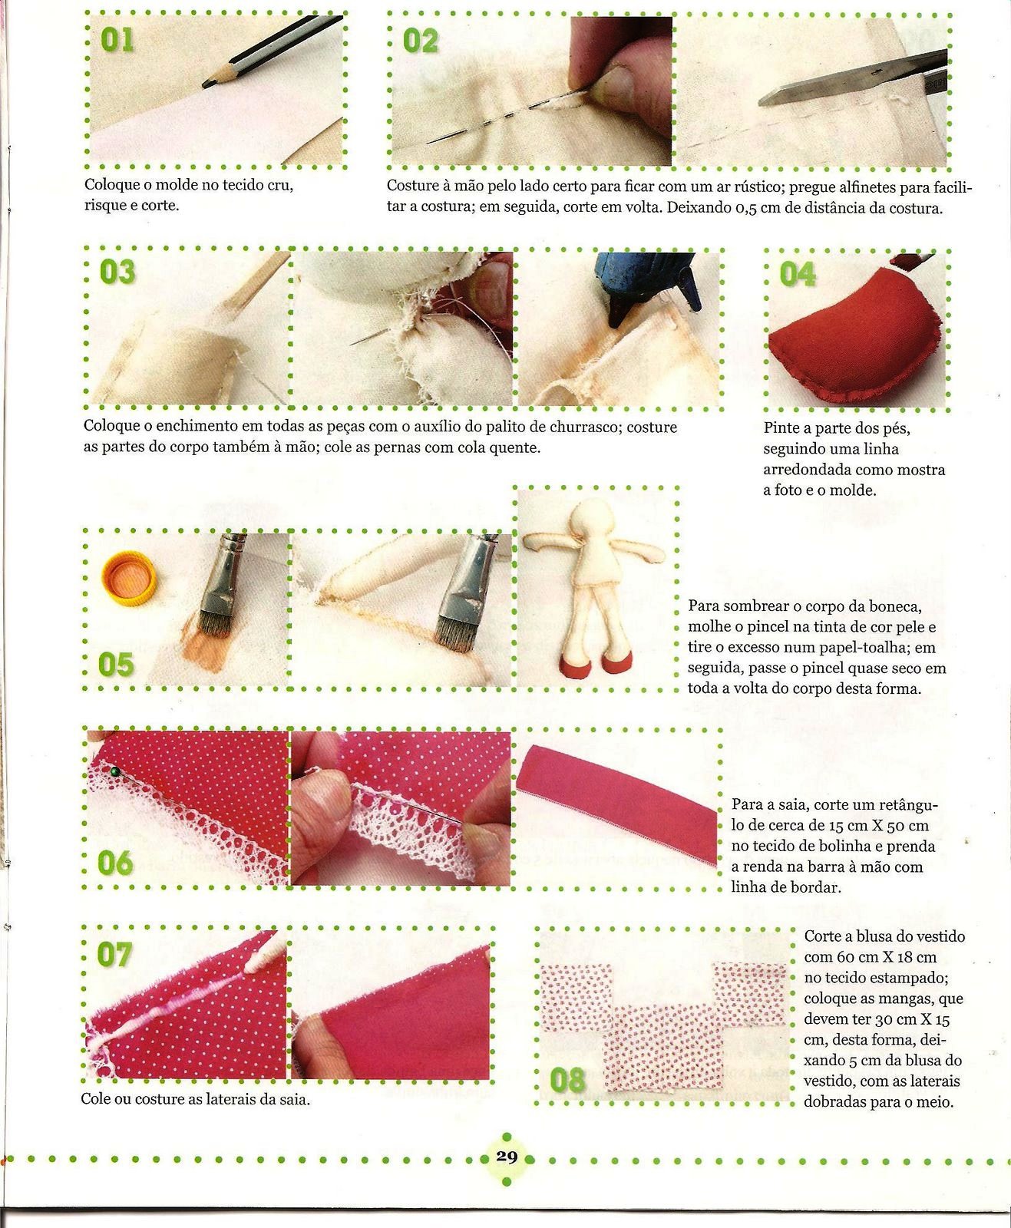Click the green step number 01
point(117,40)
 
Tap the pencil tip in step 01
point(204,86)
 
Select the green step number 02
point(420,41)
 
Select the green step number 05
point(116,665)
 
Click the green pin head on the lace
point(114,772)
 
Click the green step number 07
point(114,956)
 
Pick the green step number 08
point(567,1081)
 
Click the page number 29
point(507,1157)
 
